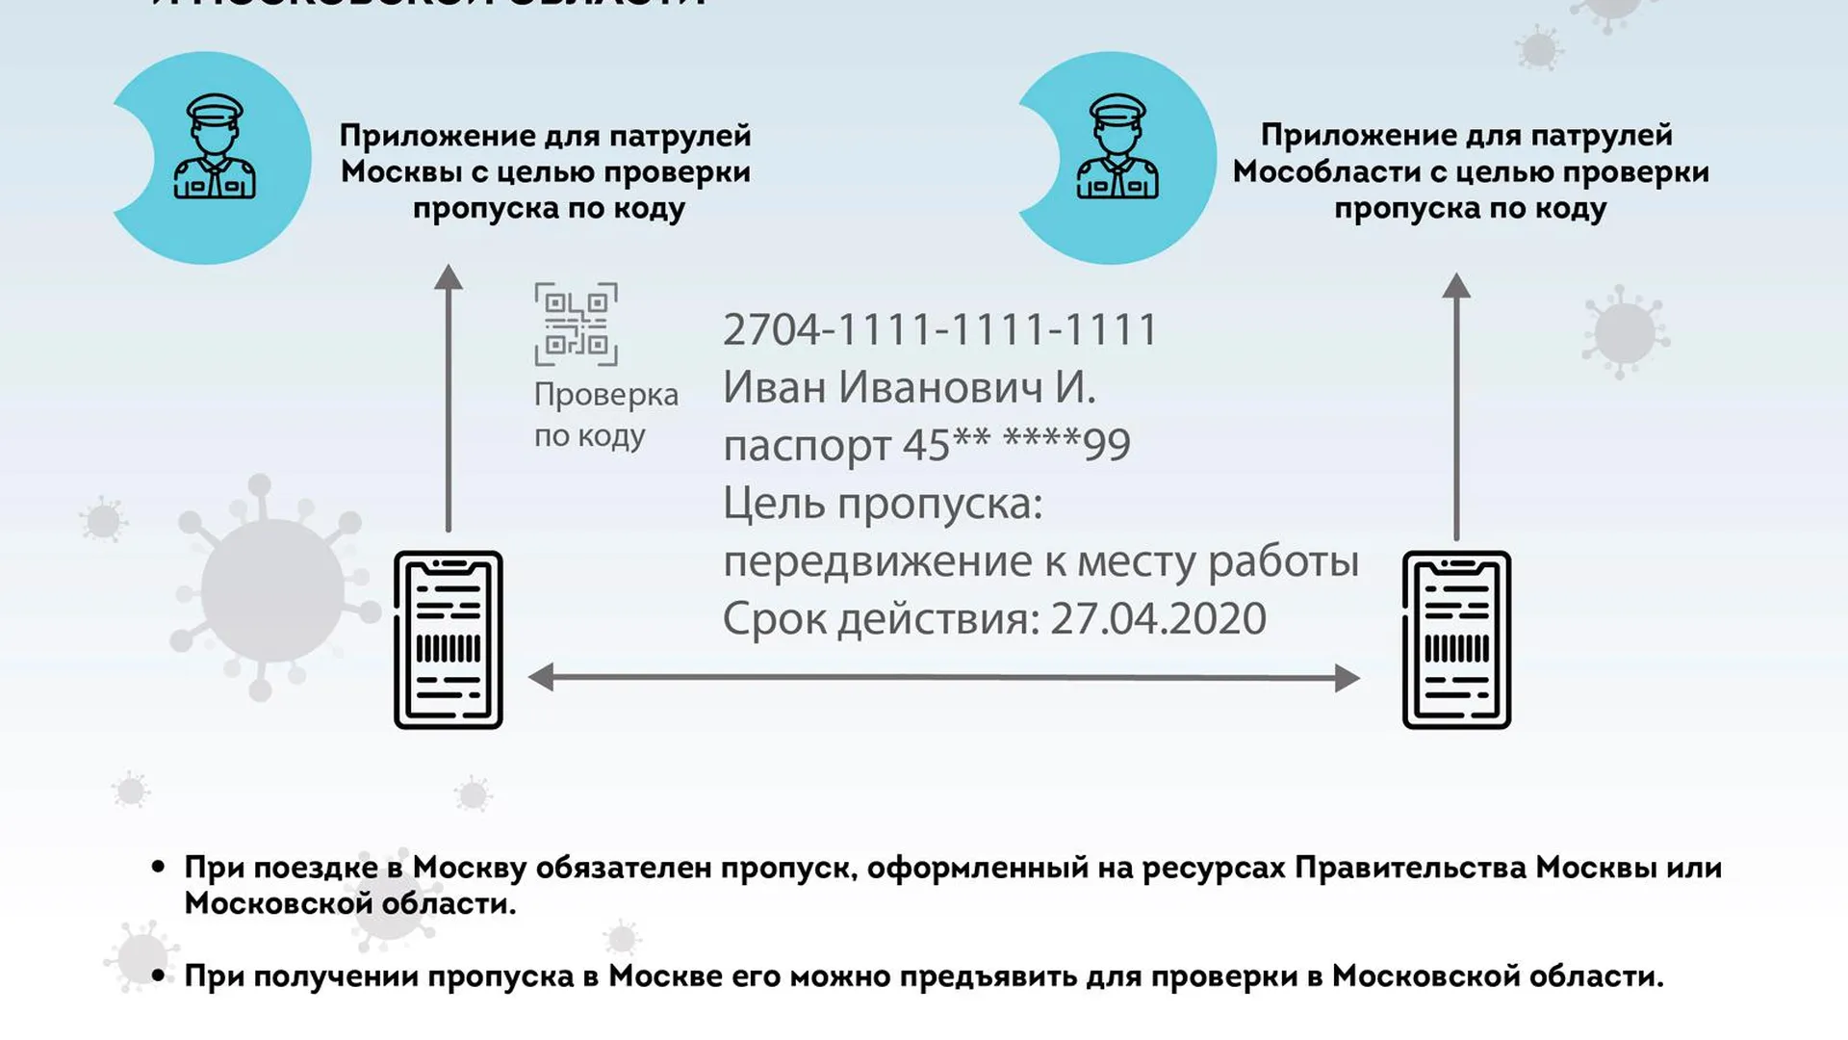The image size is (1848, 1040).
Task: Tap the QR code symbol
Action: tap(576, 324)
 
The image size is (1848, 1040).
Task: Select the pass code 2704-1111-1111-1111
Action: tap(939, 330)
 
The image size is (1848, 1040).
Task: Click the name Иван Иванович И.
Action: tap(909, 387)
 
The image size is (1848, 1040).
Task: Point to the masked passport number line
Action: tap(926, 445)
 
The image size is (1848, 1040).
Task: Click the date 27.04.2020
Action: tap(1158, 618)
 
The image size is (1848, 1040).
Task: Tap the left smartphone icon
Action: tap(449, 639)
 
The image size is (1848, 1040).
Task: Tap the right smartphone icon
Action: tap(1456, 639)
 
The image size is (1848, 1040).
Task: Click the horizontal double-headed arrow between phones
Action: tap(943, 677)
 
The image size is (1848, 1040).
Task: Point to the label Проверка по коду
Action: tap(605, 414)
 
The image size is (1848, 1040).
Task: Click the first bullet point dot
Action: tap(159, 867)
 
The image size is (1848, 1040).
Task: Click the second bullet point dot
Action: tap(159, 975)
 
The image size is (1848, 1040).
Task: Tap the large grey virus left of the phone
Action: tap(272, 589)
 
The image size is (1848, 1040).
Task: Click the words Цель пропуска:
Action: tap(883, 503)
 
